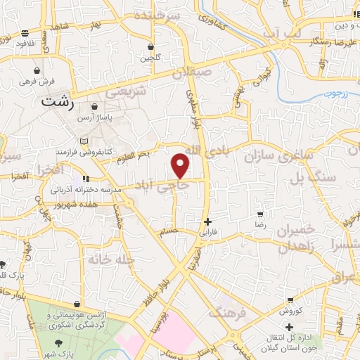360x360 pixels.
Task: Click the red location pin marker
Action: point(181,165)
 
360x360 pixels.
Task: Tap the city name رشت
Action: point(58,101)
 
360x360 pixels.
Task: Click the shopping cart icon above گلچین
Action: point(150,47)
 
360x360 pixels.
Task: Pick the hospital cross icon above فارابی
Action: point(206,221)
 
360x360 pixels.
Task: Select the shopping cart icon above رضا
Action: point(259,214)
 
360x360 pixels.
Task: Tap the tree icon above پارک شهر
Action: point(61,340)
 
